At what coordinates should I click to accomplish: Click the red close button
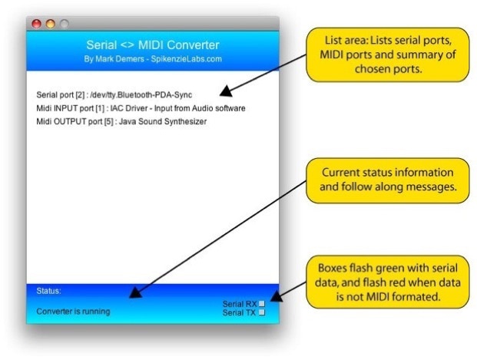36,24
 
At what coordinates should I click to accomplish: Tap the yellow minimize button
50,24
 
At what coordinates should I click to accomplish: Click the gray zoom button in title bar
64,24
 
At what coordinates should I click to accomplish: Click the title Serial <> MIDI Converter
152,45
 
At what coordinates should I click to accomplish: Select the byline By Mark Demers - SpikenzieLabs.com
152,58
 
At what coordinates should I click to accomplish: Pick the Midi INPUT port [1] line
141,108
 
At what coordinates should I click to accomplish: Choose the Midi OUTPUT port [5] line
121,121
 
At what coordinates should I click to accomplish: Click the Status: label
48,291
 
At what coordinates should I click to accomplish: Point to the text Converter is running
73,312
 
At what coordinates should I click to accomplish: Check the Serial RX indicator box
262,305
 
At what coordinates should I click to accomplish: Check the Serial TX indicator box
262,313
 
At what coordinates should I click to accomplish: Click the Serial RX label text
239,305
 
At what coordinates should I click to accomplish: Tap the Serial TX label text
239,313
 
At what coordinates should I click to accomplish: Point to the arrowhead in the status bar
135,292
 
